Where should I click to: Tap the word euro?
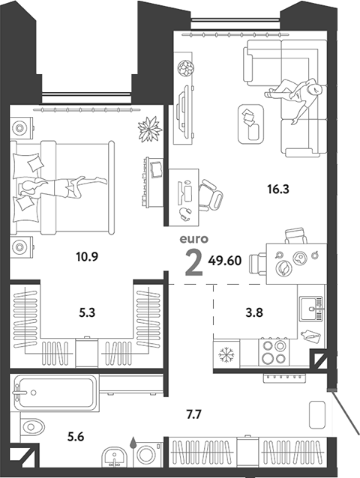tap(193, 240)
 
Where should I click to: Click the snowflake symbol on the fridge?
tap(225, 352)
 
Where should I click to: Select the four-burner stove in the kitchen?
tap(274, 352)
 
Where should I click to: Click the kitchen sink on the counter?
tap(309, 306)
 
